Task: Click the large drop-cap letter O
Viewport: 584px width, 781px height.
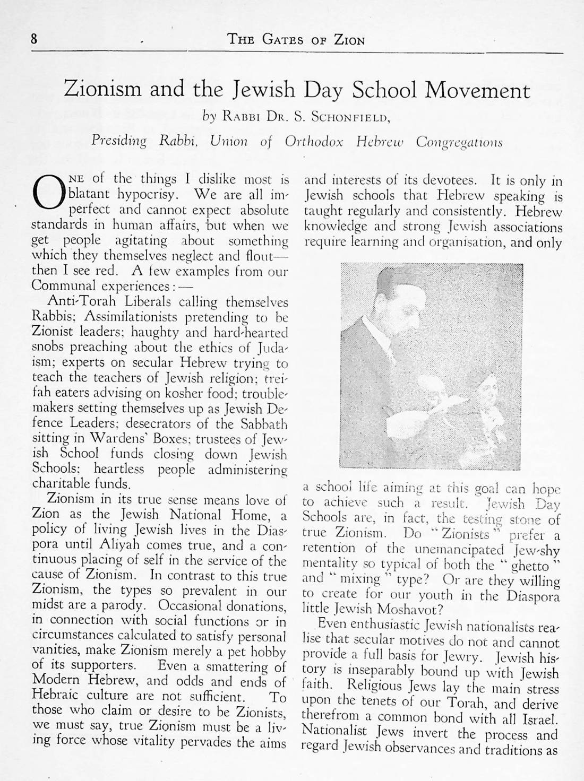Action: [45, 196]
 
